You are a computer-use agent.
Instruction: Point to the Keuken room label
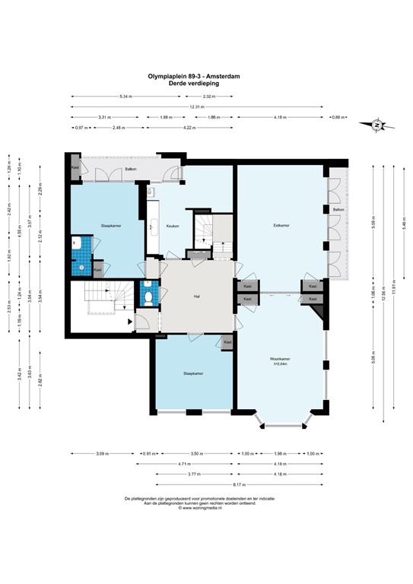coord(171,225)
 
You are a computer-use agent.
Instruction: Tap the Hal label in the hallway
coord(196,296)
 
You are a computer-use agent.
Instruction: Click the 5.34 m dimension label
coord(125,97)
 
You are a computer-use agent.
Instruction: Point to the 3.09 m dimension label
coord(101,454)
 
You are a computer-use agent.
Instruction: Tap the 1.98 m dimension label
coord(299,454)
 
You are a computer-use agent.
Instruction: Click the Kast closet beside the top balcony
coord(75,167)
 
